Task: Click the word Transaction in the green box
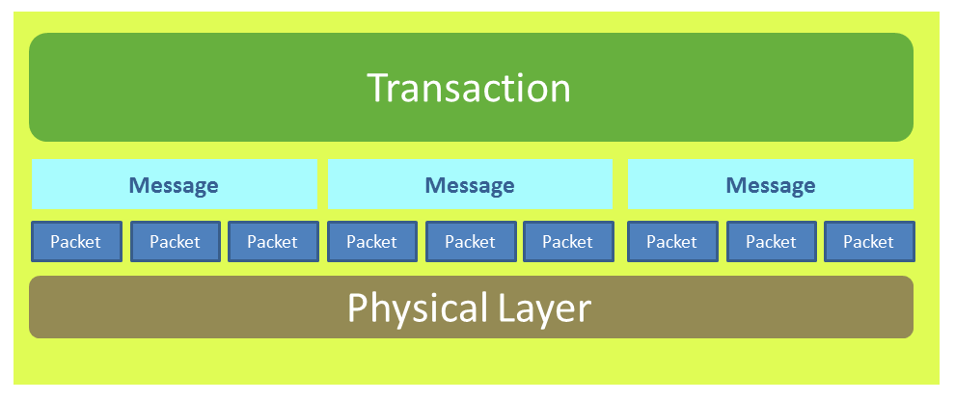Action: coord(469,88)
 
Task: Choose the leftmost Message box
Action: coord(175,184)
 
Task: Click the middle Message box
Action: coord(470,184)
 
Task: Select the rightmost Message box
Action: coord(771,184)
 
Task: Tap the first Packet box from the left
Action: coord(76,242)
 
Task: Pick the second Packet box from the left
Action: coord(176,242)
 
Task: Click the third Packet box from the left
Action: coord(273,242)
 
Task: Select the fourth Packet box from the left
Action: coord(372,242)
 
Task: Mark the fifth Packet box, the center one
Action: coord(470,242)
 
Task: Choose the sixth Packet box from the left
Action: coord(568,242)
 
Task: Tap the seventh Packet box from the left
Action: coord(672,242)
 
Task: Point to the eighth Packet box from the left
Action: coord(771,242)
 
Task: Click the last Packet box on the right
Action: coord(869,242)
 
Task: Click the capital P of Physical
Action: coord(358,307)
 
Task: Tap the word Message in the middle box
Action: coord(470,185)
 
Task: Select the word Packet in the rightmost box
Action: coord(868,242)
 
